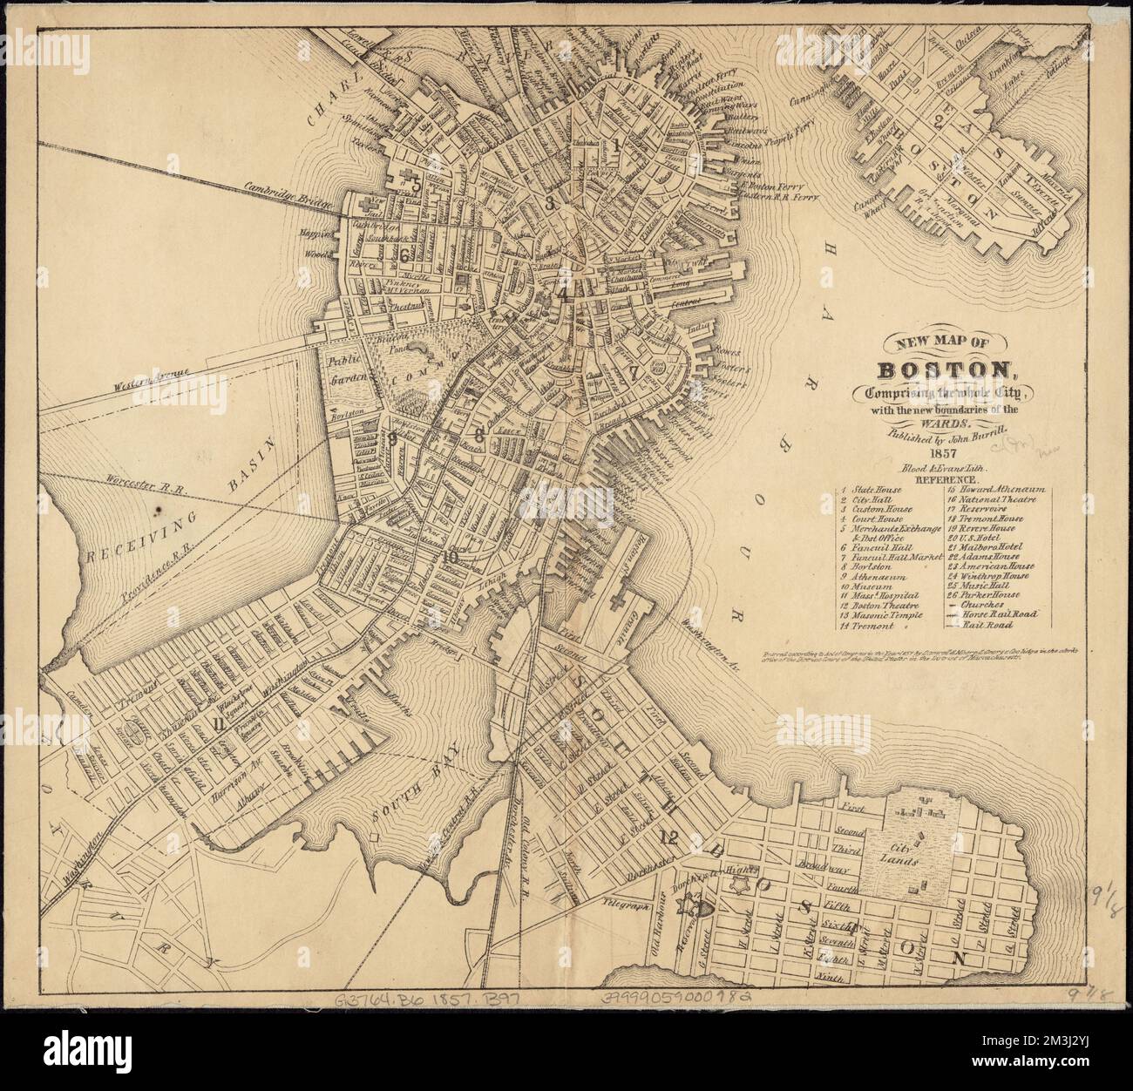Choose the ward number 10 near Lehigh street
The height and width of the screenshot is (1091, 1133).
tap(450, 558)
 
